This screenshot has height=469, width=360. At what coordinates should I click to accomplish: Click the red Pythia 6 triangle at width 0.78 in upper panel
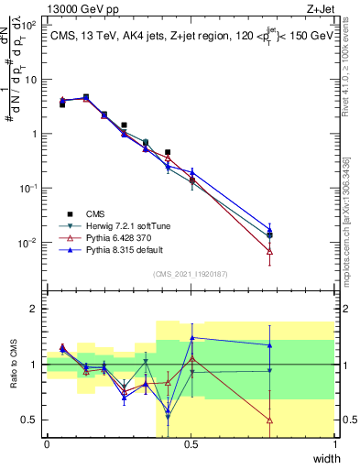point(269,250)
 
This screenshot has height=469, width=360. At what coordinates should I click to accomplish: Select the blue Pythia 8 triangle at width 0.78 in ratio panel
point(269,344)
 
